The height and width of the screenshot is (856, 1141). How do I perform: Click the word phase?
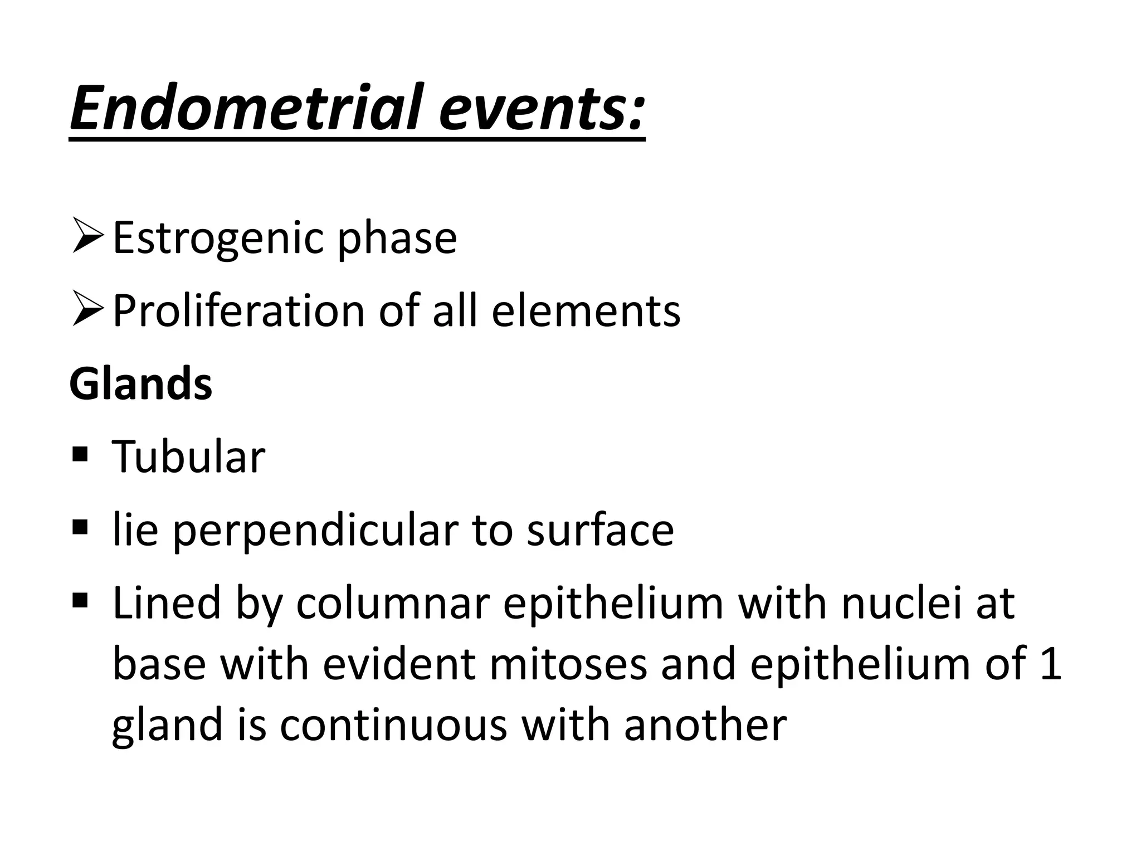coord(397,239)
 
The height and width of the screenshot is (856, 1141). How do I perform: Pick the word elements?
coord(586,310)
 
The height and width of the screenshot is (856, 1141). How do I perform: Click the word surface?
coord(600,530)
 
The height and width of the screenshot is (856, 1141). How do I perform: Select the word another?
coord(705,725)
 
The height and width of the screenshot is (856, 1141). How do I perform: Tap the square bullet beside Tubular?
coord(80,454)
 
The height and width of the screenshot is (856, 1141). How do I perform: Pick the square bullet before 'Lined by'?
coord(80,600)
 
